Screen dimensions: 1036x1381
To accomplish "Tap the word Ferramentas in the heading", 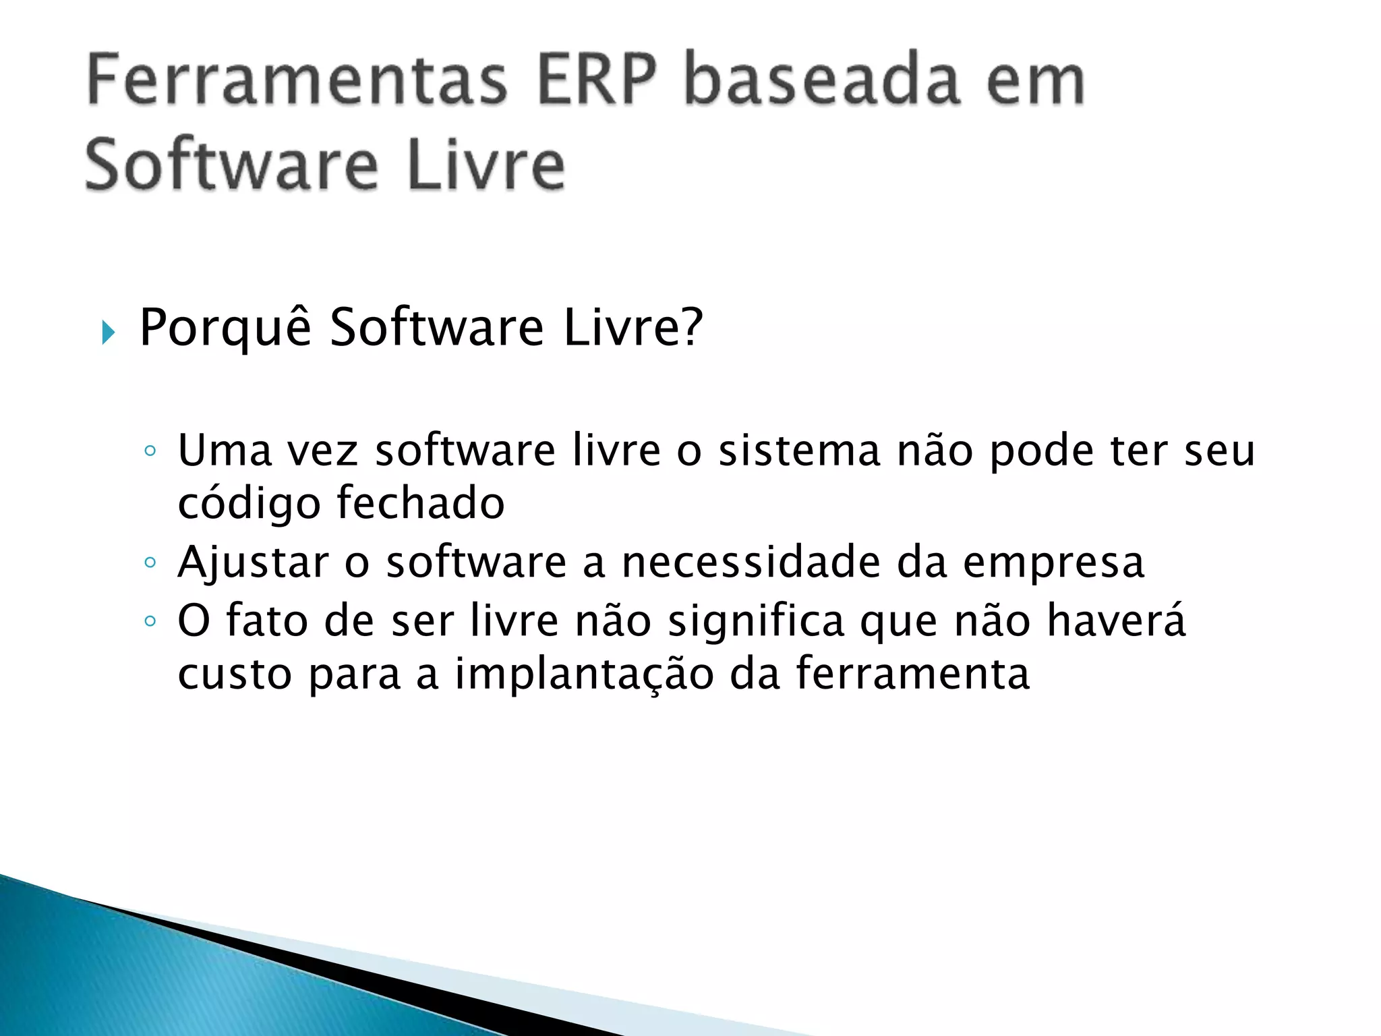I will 297,81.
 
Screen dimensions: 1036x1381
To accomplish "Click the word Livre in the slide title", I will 486,166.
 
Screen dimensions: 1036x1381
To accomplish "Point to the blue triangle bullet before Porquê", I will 108,332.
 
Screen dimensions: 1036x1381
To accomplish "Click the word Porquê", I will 225,328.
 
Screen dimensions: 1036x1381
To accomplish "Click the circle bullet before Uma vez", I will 150,451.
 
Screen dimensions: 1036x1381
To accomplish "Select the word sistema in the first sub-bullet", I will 799,451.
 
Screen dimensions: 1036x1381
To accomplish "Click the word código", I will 249,505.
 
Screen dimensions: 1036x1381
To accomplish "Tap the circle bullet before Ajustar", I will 150,562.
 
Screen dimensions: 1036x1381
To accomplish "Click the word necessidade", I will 751,562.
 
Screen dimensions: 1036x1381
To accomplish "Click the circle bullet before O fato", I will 150,621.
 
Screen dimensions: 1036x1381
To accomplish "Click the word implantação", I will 584,674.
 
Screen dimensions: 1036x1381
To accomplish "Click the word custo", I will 234,674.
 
